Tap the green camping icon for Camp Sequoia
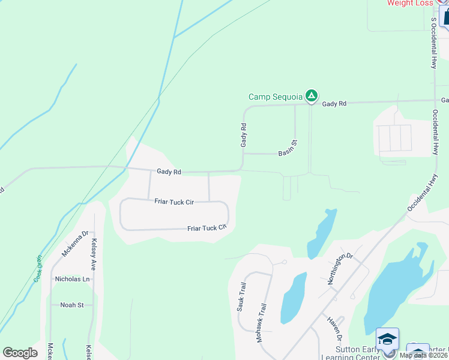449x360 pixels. (311, 95)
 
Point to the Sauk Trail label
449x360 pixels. (241, 296)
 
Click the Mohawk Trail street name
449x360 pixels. (261, 322)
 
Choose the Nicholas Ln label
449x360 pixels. (72, 279)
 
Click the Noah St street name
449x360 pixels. (72, 305)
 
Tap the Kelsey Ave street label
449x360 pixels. (93, 254)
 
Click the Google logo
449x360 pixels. (20, 353)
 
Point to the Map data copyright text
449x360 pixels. (423, 355)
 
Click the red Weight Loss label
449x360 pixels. (410, 3)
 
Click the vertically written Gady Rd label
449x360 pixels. (244, 135)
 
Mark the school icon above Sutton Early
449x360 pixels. (387, 338)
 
